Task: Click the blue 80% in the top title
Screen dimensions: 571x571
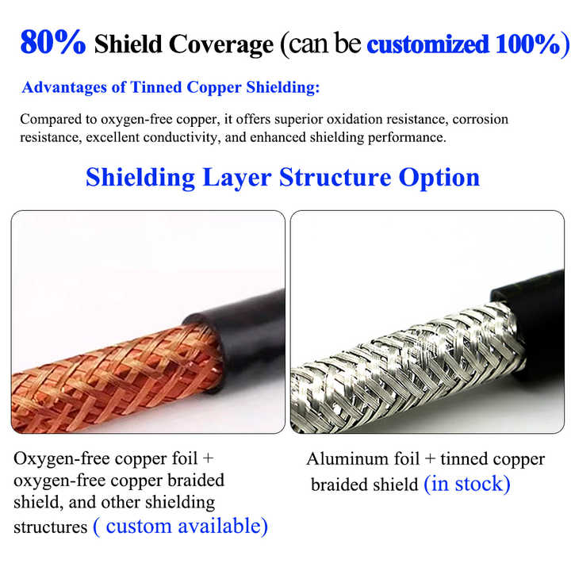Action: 52,42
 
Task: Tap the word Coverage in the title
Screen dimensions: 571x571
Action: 225,44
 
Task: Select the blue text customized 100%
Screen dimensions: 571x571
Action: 462,44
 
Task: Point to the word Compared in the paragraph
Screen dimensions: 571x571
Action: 49,120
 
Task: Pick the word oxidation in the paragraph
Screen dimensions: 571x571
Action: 332,120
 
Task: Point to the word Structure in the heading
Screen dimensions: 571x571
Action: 335,176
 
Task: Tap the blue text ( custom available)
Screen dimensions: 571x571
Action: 180,526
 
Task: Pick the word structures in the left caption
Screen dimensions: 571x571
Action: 49,527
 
